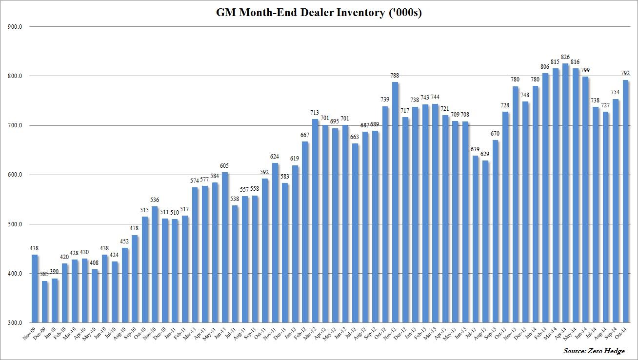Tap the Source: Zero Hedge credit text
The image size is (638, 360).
coord(594,351)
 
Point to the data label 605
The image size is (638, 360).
coord(225,166)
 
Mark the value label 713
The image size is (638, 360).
coord(315,113)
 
